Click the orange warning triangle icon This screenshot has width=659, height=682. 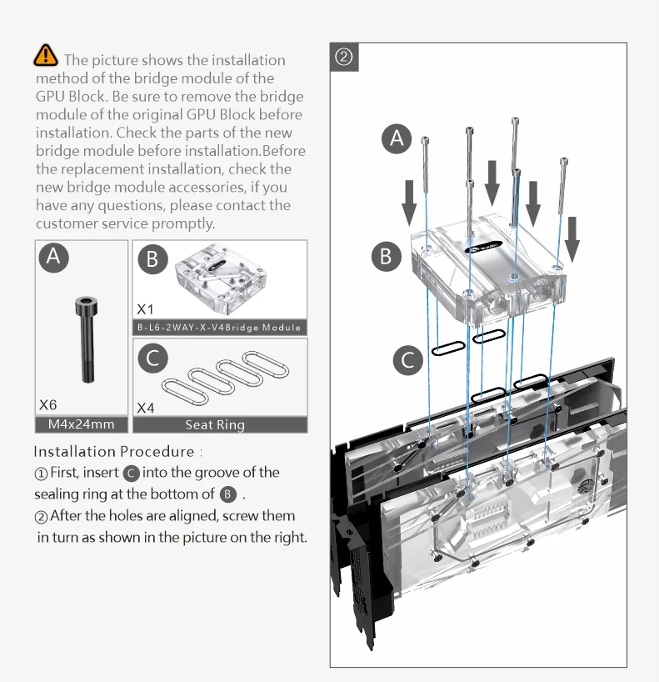[x=45, y=55]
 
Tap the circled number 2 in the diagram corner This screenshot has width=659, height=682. [x=344, y=57]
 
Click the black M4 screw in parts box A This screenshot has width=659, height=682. [x=87, y=339]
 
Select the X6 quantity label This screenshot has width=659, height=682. [x=47, y=405]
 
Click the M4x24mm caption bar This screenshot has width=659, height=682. [x=82, y=424]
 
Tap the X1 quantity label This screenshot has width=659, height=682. [x=145, y=309]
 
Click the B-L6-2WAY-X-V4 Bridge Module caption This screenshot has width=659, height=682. [x=219, y=328]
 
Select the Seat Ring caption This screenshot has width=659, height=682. [x=215, y=424]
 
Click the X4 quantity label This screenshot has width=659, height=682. [x=145, y=408]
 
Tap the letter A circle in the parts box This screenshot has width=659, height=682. [x=54, y=257]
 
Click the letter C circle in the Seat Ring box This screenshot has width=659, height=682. [x=152, y=359]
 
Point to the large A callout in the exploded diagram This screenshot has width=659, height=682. [x=397, y=138]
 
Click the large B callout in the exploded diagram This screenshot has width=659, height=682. [x=386, y=256]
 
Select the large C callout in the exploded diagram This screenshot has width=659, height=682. [x=407, y=360]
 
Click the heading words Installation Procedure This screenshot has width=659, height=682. [x=114, y=452]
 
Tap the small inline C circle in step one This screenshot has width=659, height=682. [x=131, y=474]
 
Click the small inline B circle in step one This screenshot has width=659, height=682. [x=228, y=494]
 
